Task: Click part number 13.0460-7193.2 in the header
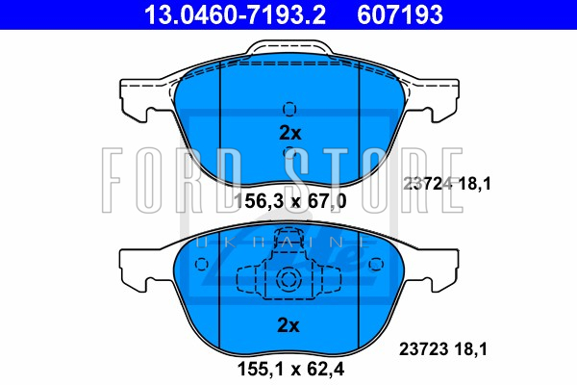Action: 235,14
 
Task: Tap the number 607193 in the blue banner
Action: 400,14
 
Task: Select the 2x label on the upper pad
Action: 290,133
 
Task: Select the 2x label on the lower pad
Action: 288,325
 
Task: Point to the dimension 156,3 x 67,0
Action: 290,201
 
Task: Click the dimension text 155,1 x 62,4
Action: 290,369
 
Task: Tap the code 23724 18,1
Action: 447,184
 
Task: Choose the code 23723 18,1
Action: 443,348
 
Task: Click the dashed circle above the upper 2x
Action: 289,109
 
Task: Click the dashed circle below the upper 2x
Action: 289,152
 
